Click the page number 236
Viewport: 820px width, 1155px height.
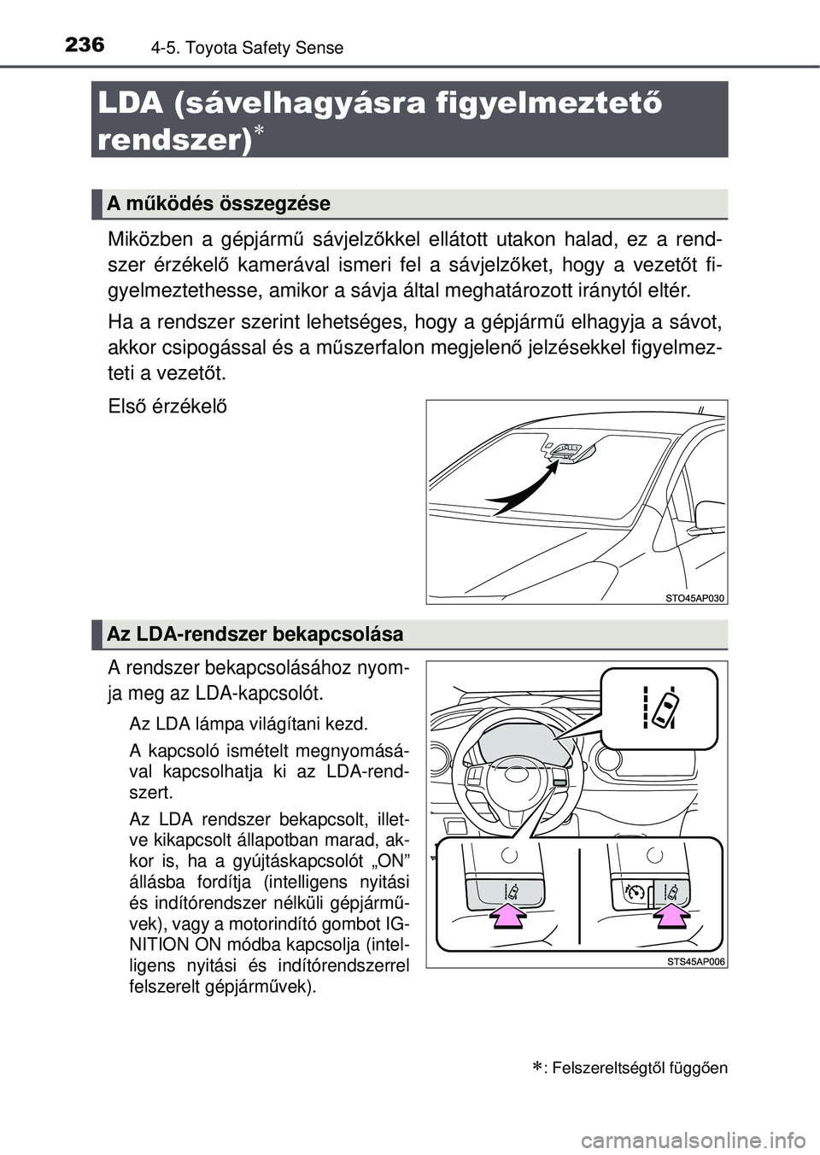pos(84,45)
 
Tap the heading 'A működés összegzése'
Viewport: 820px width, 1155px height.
pos(219,204)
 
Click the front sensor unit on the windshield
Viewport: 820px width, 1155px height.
pos(566,453)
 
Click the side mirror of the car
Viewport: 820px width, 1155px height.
pos(710,515)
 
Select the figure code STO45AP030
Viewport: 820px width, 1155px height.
pos(694,598)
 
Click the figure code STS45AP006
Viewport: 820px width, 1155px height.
pos(694,961)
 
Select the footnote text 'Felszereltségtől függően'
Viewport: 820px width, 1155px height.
pos(640,1068)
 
